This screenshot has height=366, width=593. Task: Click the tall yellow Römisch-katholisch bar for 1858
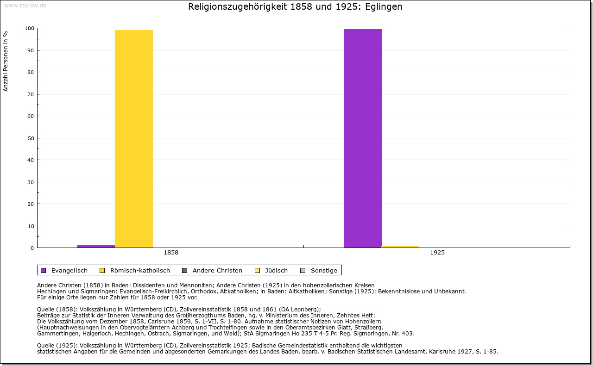click(134, 139)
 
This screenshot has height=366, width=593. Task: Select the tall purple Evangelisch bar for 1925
click(363, 138)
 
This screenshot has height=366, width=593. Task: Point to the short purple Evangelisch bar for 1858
click(96, 247)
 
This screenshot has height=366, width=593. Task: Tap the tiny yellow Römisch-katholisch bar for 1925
click(400, 247)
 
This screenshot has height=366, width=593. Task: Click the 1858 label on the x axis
click(171, 253)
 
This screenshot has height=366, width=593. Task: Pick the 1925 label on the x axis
click(437, 253)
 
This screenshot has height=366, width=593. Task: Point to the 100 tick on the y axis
click(29, 28)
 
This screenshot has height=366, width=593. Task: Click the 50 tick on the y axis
click(31, 138)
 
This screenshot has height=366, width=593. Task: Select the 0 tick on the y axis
click(32, 248)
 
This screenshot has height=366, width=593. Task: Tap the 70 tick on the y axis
click(31, 94)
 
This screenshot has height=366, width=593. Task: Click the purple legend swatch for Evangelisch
click(44, 271)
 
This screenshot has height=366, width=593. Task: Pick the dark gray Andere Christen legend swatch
click(185, 271)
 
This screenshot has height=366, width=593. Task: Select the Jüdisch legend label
click(277, 271)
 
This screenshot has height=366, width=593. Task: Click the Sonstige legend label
click(324, 271)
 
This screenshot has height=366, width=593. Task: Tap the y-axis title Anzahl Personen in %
click(6, 62)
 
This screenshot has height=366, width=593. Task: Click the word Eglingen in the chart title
click(384, 7)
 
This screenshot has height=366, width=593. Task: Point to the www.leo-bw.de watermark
click(25, 5)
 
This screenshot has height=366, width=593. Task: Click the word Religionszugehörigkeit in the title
click(238, 7)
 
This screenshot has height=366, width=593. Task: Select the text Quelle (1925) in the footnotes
click(57, 345)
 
